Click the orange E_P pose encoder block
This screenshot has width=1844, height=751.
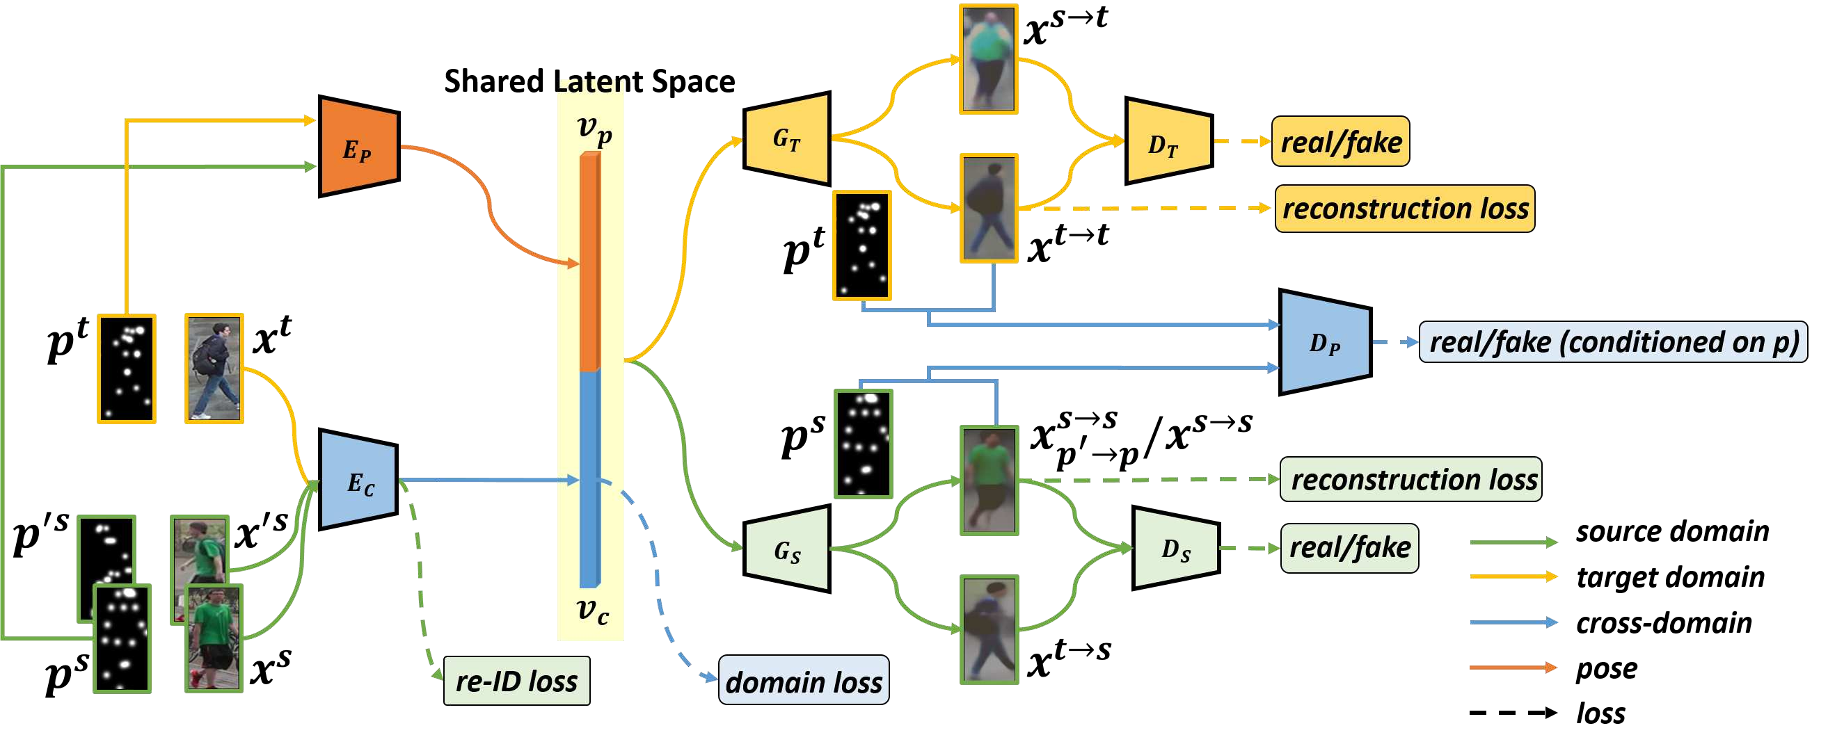click(x=358, y=147)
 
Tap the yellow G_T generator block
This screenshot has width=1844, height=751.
click(x=788, y=139)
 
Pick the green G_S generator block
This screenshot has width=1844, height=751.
click(x=788, y=549)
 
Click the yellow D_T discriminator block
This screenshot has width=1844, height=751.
click(x=1168, y=142)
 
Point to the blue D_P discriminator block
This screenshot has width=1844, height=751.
click(x=1324, y=342)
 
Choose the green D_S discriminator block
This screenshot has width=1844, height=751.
click(x=1175, y=549)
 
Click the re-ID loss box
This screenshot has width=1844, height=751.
click(x=517, y=681)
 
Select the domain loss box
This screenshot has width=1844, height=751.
click(x=803, y=681)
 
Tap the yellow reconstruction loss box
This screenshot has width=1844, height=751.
click(x=1404, y=209)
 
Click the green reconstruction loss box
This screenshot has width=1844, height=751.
click(x=1410, y=479)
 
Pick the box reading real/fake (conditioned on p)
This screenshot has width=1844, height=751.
click(x=1612, y=342)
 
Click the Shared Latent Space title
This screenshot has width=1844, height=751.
click(x=589, y=81)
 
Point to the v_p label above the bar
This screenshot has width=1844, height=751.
click(x=594, y=130)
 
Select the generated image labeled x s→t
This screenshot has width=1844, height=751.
click(x=988, y=58)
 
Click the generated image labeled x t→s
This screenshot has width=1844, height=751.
click(x=989, y=629)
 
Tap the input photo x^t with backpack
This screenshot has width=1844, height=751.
click(x=214, y=369)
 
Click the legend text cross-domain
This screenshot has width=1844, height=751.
click(x=1664, y=623)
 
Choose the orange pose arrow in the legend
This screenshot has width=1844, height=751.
click(x=1513, y=668)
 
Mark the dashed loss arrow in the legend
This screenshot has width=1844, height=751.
click(x=1513, y=713)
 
